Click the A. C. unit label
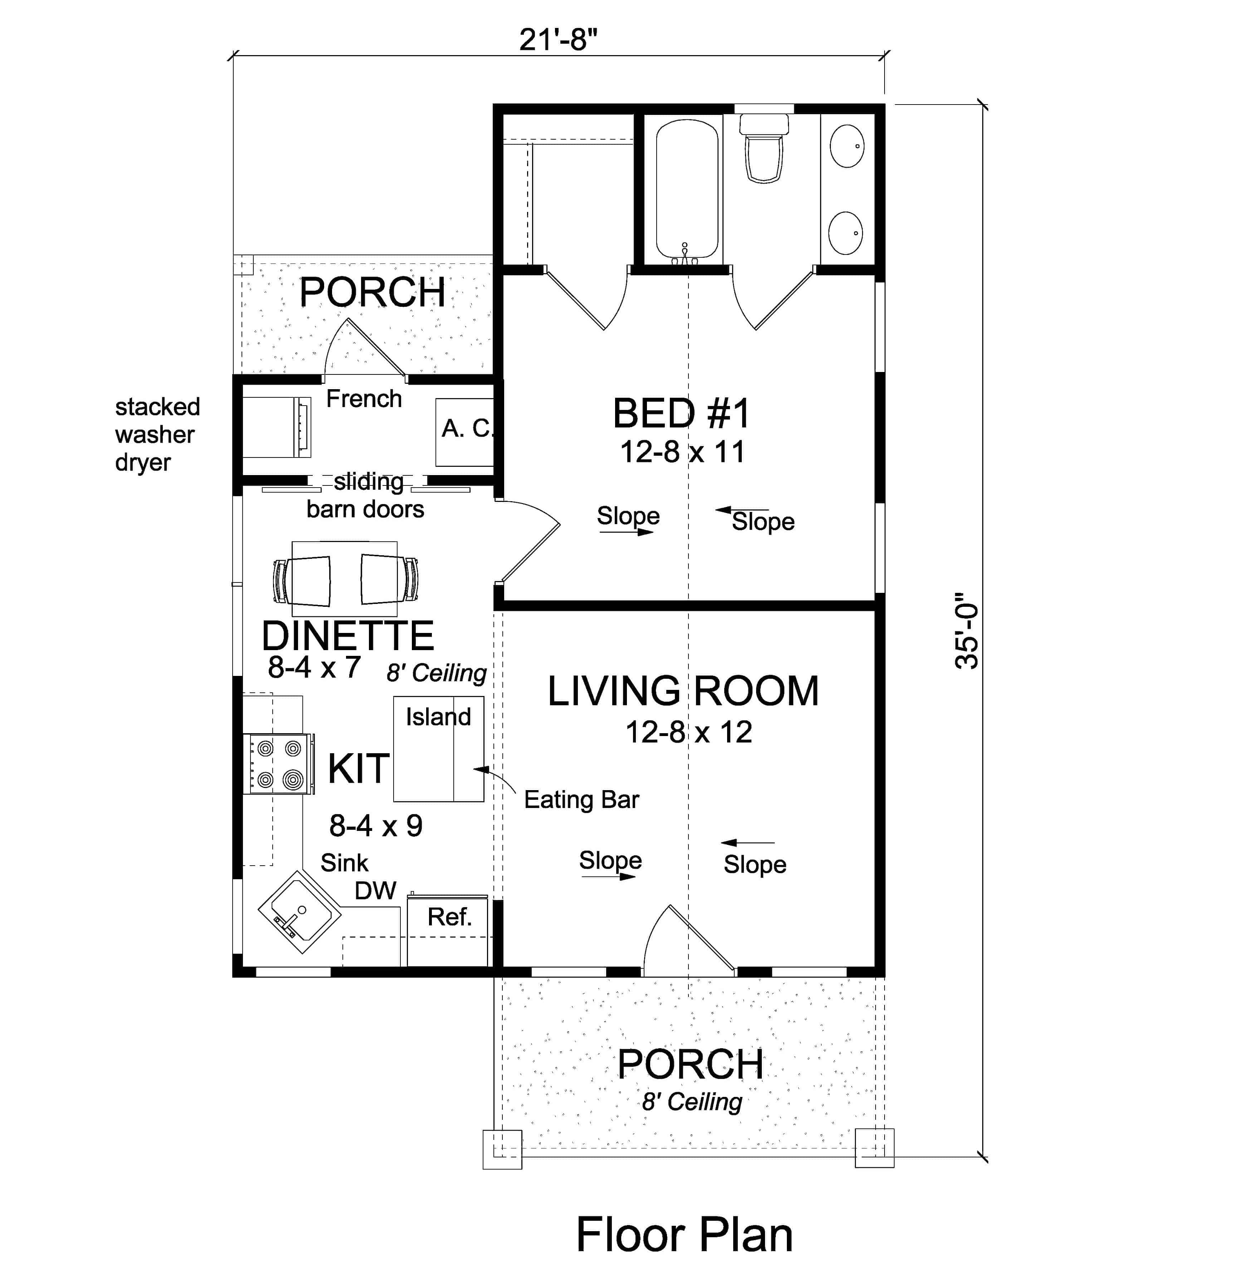coord(467,428)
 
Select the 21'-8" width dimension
coord(559,40)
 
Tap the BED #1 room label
coord(681,414)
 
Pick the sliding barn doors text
coord(366,496)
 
